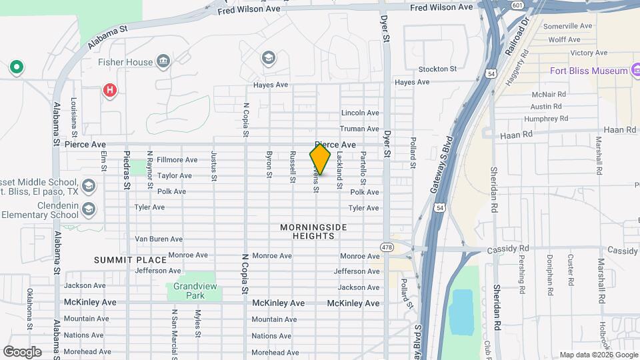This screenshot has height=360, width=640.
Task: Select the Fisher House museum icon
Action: point(163,63)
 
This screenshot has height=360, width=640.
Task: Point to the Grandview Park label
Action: point(185,290)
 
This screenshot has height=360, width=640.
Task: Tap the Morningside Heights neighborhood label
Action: point(313,231)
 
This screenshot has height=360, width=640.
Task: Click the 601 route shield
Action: point(517,5)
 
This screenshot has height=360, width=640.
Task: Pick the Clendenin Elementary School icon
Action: point(89,210)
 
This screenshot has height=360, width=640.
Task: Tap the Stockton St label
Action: point(437,69)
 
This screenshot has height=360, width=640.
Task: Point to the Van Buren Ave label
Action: point(159,239)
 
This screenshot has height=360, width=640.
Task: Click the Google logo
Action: point(22,351)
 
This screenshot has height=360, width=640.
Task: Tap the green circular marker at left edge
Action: point(16,67)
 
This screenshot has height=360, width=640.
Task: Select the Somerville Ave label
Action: point(567,26)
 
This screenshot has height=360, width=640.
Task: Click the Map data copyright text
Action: point(599,355)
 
